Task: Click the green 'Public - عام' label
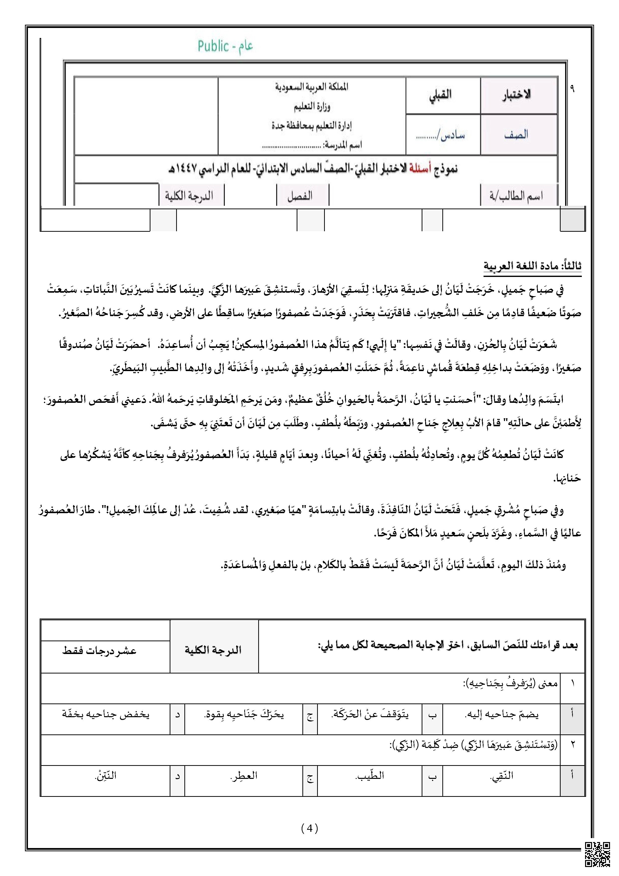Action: pos(225,46)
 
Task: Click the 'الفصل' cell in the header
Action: pos(301,196)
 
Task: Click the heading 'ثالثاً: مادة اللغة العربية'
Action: pos(532,266)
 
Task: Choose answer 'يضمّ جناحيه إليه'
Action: pos(501,715)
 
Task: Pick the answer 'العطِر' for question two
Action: pos(244,776)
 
